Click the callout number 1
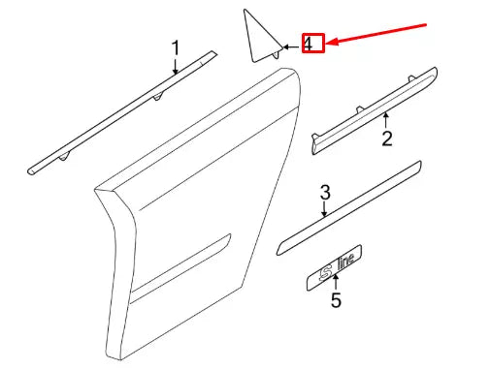(x=176, y=46)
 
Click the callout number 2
(x=386, y=139)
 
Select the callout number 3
(x=325, y=192)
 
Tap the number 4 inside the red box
(x=310, y=44)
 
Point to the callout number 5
(x=336, y=300)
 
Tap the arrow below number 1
(x=175, y=68)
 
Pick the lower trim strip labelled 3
(x=349, y=208)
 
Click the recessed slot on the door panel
(x=184, y=262)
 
